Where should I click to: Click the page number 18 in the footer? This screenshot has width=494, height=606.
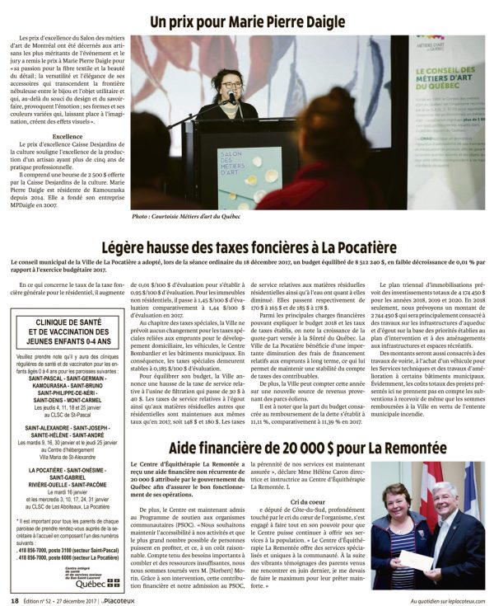(15, 599)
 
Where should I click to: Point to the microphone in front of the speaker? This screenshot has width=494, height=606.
(233, 98)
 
